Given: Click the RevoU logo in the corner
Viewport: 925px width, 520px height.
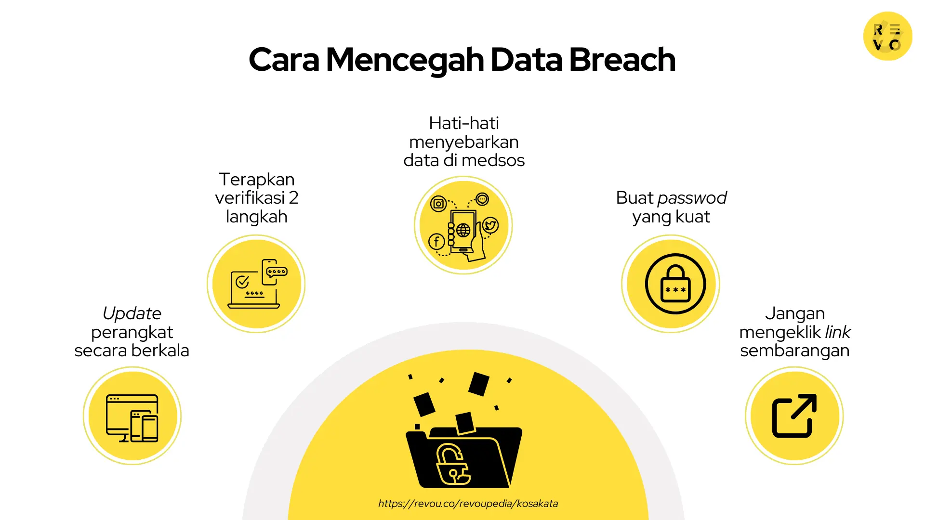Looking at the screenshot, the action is (887, 36).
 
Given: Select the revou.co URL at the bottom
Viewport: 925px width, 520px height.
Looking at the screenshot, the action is (468, 504).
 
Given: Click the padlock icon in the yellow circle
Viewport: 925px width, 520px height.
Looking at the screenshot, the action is (675, 285).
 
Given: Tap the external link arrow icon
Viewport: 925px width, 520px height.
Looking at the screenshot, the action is (794, 416).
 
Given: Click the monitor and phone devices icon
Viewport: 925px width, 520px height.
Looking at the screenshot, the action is (132, 418).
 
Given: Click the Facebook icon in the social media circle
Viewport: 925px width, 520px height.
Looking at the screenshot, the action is (436, 242).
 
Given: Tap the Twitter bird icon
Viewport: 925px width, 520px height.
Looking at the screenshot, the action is (490, 225).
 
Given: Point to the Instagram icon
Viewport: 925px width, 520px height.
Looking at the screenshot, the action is (438, 204).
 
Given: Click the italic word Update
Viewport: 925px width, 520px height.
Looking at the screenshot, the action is (132, 313).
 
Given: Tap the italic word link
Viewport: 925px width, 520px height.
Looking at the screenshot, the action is (838, 332).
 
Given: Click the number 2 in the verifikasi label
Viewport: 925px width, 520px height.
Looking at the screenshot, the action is (293, 198).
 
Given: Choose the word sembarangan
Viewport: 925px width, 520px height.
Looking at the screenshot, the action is (794, 351).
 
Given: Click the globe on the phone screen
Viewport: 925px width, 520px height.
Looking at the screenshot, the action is (463, 230).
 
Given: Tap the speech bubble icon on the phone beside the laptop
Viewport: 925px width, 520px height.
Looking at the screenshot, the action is (277, 272).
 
